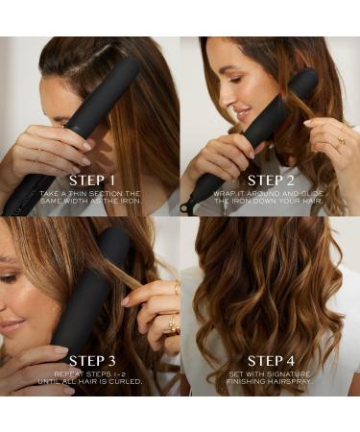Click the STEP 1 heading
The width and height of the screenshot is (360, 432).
coord(92,180)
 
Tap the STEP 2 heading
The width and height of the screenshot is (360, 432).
coord(271,180)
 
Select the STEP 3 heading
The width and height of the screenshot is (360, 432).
coord(92,361)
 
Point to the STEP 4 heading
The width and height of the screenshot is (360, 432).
coord(271,361)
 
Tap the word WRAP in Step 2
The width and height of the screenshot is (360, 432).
coord(224,194)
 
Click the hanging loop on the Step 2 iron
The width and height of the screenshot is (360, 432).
coord(184,208)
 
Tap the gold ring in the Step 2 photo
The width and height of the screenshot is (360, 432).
coord(341,142)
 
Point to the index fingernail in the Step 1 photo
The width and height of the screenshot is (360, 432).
coord(86,146)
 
